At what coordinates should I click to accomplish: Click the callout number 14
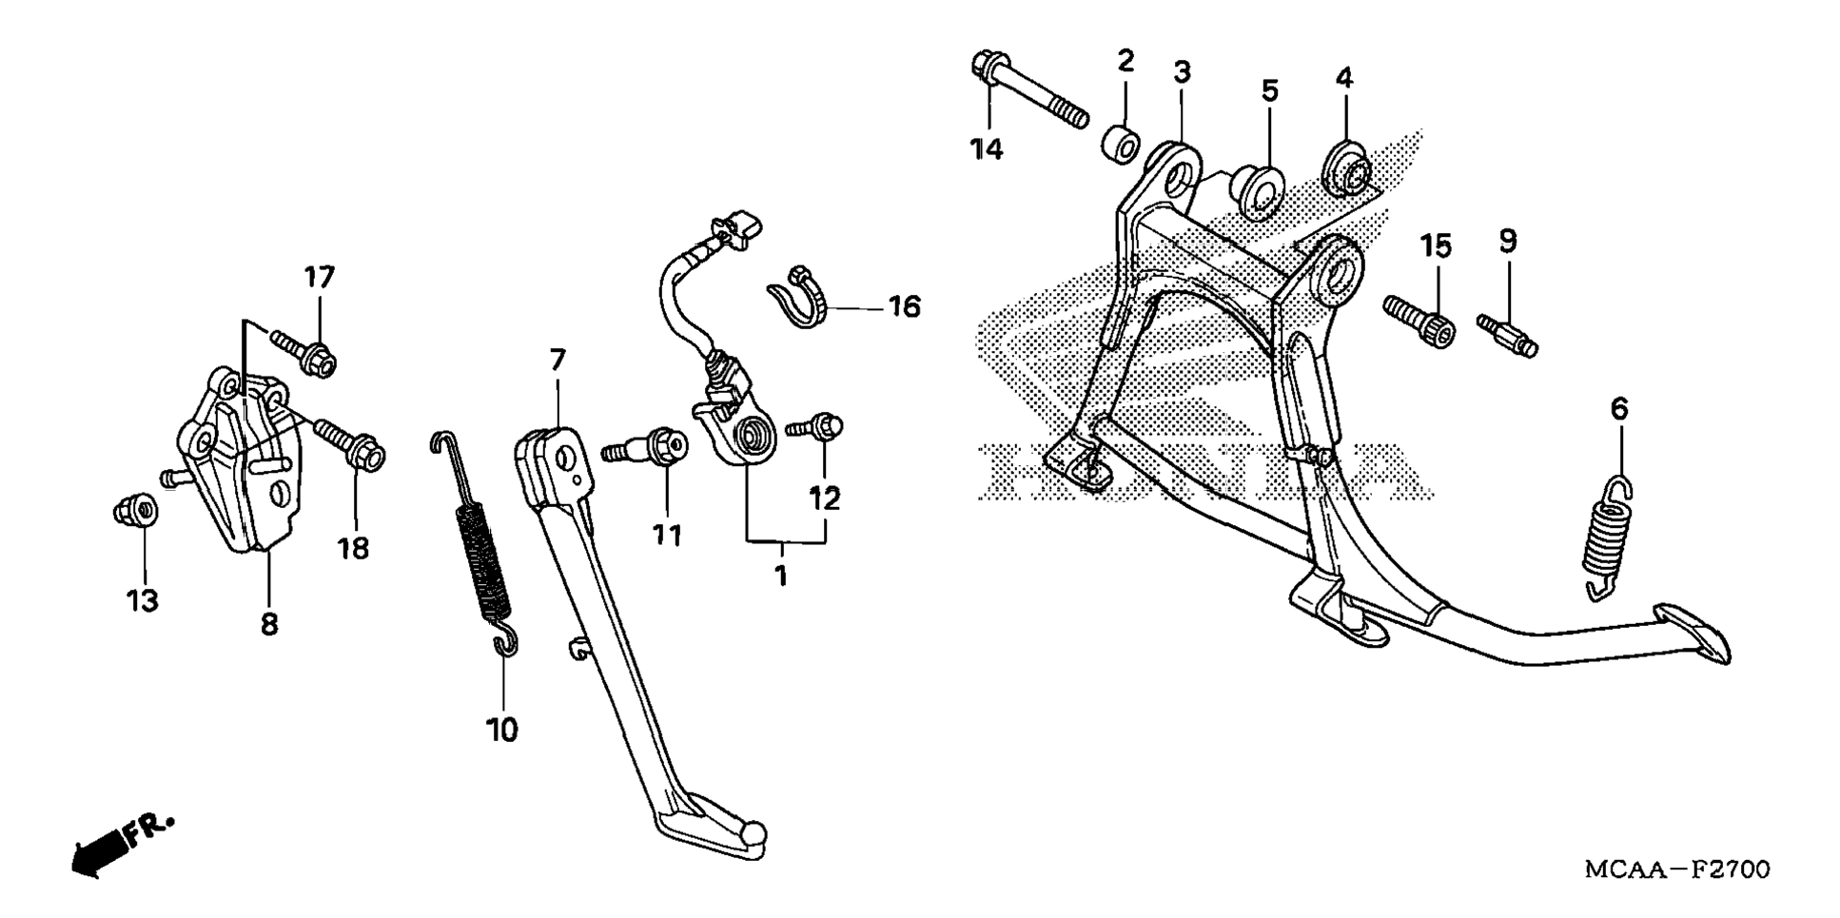click(987, 149)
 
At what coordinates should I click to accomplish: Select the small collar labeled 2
click(1120, 141)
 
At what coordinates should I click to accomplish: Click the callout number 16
click(904, 306)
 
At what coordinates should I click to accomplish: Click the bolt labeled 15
click(1419, 321)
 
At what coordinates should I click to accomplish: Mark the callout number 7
click(558, 360)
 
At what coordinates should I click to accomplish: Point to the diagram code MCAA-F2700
click(1676, 869)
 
